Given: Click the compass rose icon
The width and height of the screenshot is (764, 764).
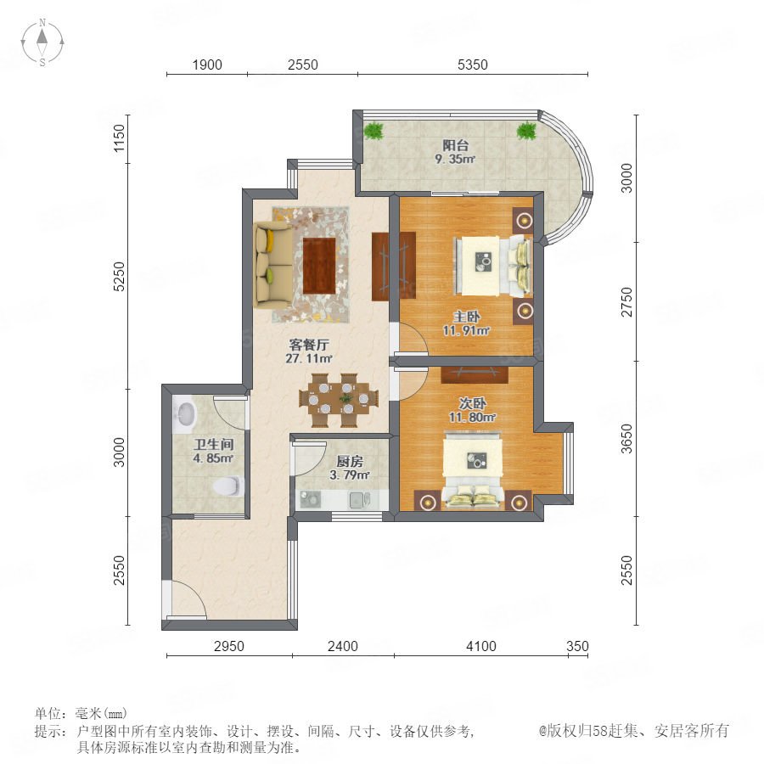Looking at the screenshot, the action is pyautogui.click(x=42, y=42).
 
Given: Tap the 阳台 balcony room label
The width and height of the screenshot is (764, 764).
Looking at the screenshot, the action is pyautogui.click(x=456, y=145).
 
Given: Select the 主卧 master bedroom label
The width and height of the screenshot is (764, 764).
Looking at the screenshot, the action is pyautogui.click(x=466, y=317).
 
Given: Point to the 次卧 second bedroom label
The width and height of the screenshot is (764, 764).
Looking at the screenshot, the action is pyautogui.click(x=472, y=404).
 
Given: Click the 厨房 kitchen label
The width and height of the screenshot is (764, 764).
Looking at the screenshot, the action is pyautogui.click(x=350, y=462).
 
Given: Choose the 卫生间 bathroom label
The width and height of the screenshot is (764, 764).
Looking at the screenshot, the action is pyautogui.click(x=213, y=444).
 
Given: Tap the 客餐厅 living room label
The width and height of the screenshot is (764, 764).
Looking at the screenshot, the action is pyautogui.click(x=309, y=345).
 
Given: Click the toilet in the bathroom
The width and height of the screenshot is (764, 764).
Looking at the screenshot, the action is pyautogui.click(x=228, y=486).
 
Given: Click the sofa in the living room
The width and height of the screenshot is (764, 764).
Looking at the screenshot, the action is pyautogui.click(x=272, y=265).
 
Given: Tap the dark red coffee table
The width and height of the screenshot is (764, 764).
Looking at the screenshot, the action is pyautogui.click(x=320, y=266).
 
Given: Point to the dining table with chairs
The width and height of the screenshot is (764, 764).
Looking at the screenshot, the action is pyautogui.click(x=338, y=400).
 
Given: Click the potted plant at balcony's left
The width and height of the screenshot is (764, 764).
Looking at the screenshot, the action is pyautogui.click(x=374, y=131).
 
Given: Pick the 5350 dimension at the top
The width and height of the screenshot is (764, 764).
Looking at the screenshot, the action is pyautogui.click(x=473, y=65).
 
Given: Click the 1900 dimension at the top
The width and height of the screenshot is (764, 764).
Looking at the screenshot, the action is pyautogui.click(x=207, y=65).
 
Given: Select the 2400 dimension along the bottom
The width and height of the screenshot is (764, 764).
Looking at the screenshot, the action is pyautogui.click(x=343, y=646).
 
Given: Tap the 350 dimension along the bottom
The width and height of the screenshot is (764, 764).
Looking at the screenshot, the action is pyautogui.click(x=578, y=646).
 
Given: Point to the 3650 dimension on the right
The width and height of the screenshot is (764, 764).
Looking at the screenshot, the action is pyautogui.click(x=627, y=439).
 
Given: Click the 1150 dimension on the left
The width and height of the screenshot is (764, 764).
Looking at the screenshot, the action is pyautogui.click(x=120, y=138).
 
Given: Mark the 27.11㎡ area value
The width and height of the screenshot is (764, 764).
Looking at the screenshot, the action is pyautogui.click(x=309, y=358).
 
